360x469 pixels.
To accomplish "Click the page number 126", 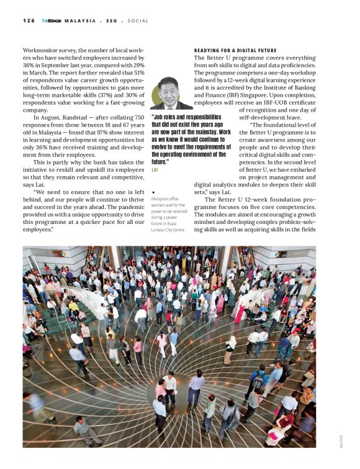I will (x=29, y=20).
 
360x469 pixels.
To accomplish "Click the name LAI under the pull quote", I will (x=155, y=169).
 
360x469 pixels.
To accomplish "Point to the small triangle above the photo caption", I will (x=153, y=193).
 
